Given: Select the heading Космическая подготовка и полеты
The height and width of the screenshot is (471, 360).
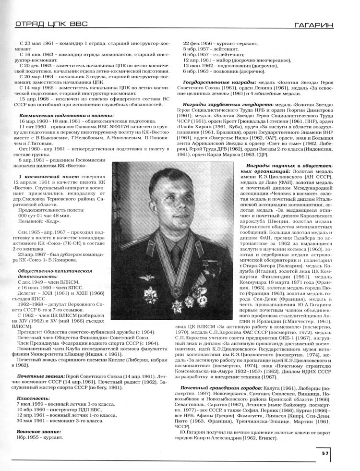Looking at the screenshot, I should (67, 116).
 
